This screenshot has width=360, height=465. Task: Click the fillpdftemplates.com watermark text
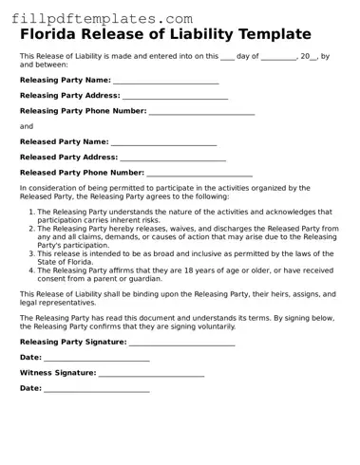click(98, 18)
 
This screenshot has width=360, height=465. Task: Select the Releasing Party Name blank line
click(165, 83)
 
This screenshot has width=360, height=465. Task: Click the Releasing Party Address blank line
click(175, 98)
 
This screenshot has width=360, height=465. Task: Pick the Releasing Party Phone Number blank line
click(201, 113)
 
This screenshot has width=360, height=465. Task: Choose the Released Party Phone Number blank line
click(199, 175)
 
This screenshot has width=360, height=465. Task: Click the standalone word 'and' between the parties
click(26, 126)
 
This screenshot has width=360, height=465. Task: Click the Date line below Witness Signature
click(97, 390)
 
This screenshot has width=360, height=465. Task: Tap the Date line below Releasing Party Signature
click(97, 359)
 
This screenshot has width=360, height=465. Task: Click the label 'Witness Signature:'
click(58, 373)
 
